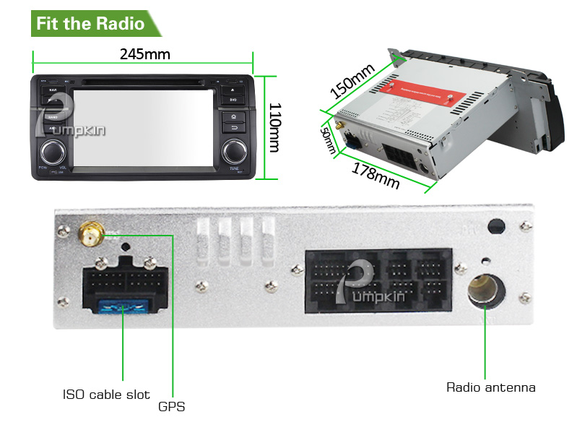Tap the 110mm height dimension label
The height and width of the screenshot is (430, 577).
pos(274,126)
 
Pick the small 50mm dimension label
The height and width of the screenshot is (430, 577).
pos(329,139)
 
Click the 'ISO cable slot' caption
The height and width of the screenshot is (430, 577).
pos(105,395)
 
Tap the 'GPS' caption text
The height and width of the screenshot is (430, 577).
pos(172,407)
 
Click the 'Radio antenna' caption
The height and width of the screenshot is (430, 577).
pos(490,387)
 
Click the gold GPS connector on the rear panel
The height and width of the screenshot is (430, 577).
pos(91,233)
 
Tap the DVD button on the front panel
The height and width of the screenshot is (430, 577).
pos(233,99)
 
